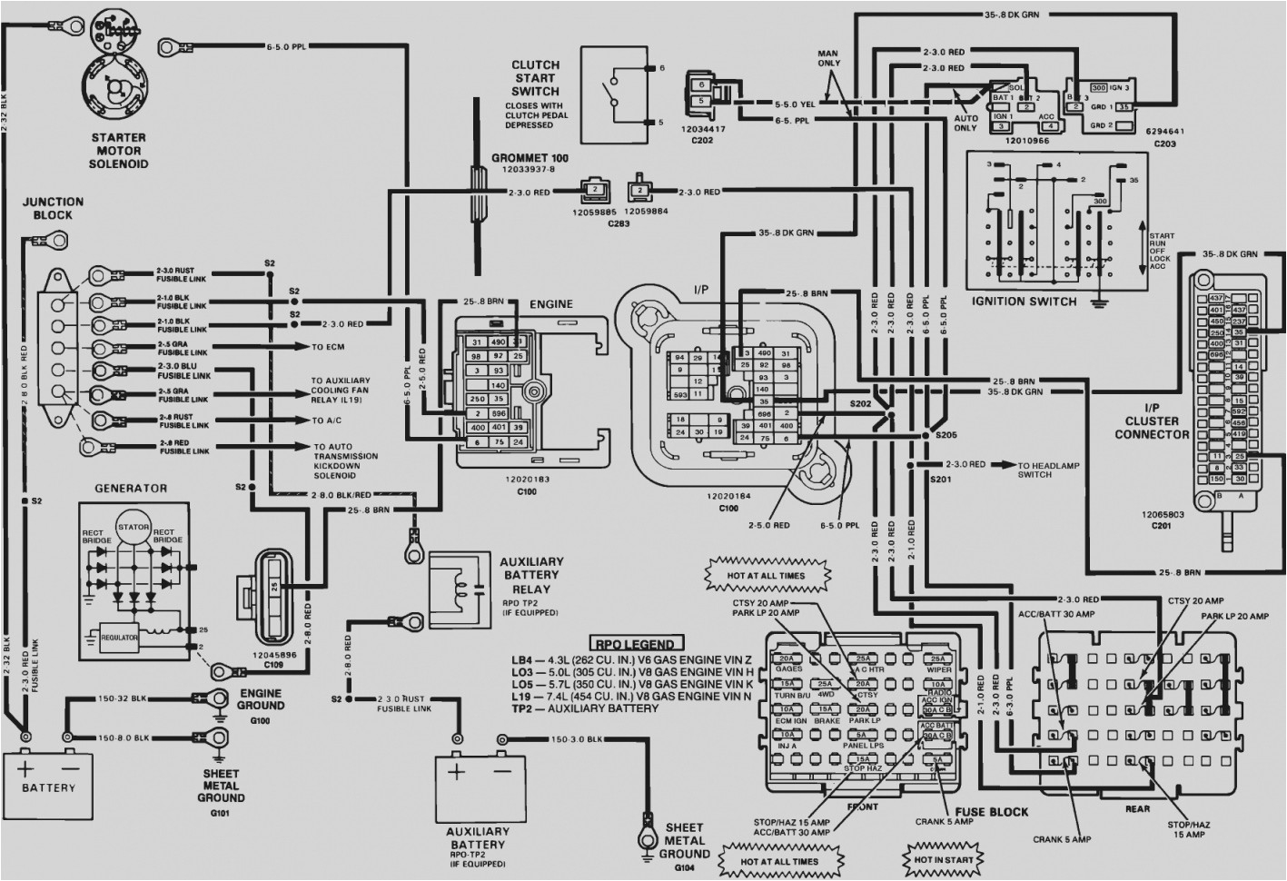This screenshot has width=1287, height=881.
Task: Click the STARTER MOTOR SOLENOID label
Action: [118, 151]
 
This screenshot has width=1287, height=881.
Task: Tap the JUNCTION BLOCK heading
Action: [53, 208]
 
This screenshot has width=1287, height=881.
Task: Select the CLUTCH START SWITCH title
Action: [535, 78]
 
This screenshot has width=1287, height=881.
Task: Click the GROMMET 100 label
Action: [530, 157]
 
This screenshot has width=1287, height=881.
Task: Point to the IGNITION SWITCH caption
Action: [1024, 302]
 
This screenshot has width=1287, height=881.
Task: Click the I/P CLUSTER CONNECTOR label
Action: [1152, 421]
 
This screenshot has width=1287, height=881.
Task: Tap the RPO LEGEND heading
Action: [635, 643]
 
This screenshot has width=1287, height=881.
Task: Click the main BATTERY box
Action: [49, 777]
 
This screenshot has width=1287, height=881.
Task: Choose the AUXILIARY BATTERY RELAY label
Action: [531, 575]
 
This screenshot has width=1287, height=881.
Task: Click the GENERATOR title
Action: [131, 488]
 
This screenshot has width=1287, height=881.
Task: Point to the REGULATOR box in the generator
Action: [120, 638]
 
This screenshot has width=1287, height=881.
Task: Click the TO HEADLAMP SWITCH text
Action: [1035, 470]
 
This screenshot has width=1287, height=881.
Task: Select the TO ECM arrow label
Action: [330, 347]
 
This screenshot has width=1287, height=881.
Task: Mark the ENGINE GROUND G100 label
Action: [261, 705]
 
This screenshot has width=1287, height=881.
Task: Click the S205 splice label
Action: [945, 435]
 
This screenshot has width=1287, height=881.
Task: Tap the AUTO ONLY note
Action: [965, 123]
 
